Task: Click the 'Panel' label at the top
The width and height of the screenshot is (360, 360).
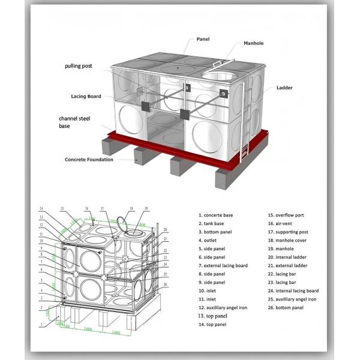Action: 203,39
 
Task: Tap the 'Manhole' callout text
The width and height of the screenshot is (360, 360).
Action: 253,44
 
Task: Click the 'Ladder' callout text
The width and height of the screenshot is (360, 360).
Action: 284,88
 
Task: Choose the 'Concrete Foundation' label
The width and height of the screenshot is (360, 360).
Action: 89,160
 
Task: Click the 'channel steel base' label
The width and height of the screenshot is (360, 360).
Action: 73,122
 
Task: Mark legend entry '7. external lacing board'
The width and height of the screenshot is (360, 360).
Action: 226,265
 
